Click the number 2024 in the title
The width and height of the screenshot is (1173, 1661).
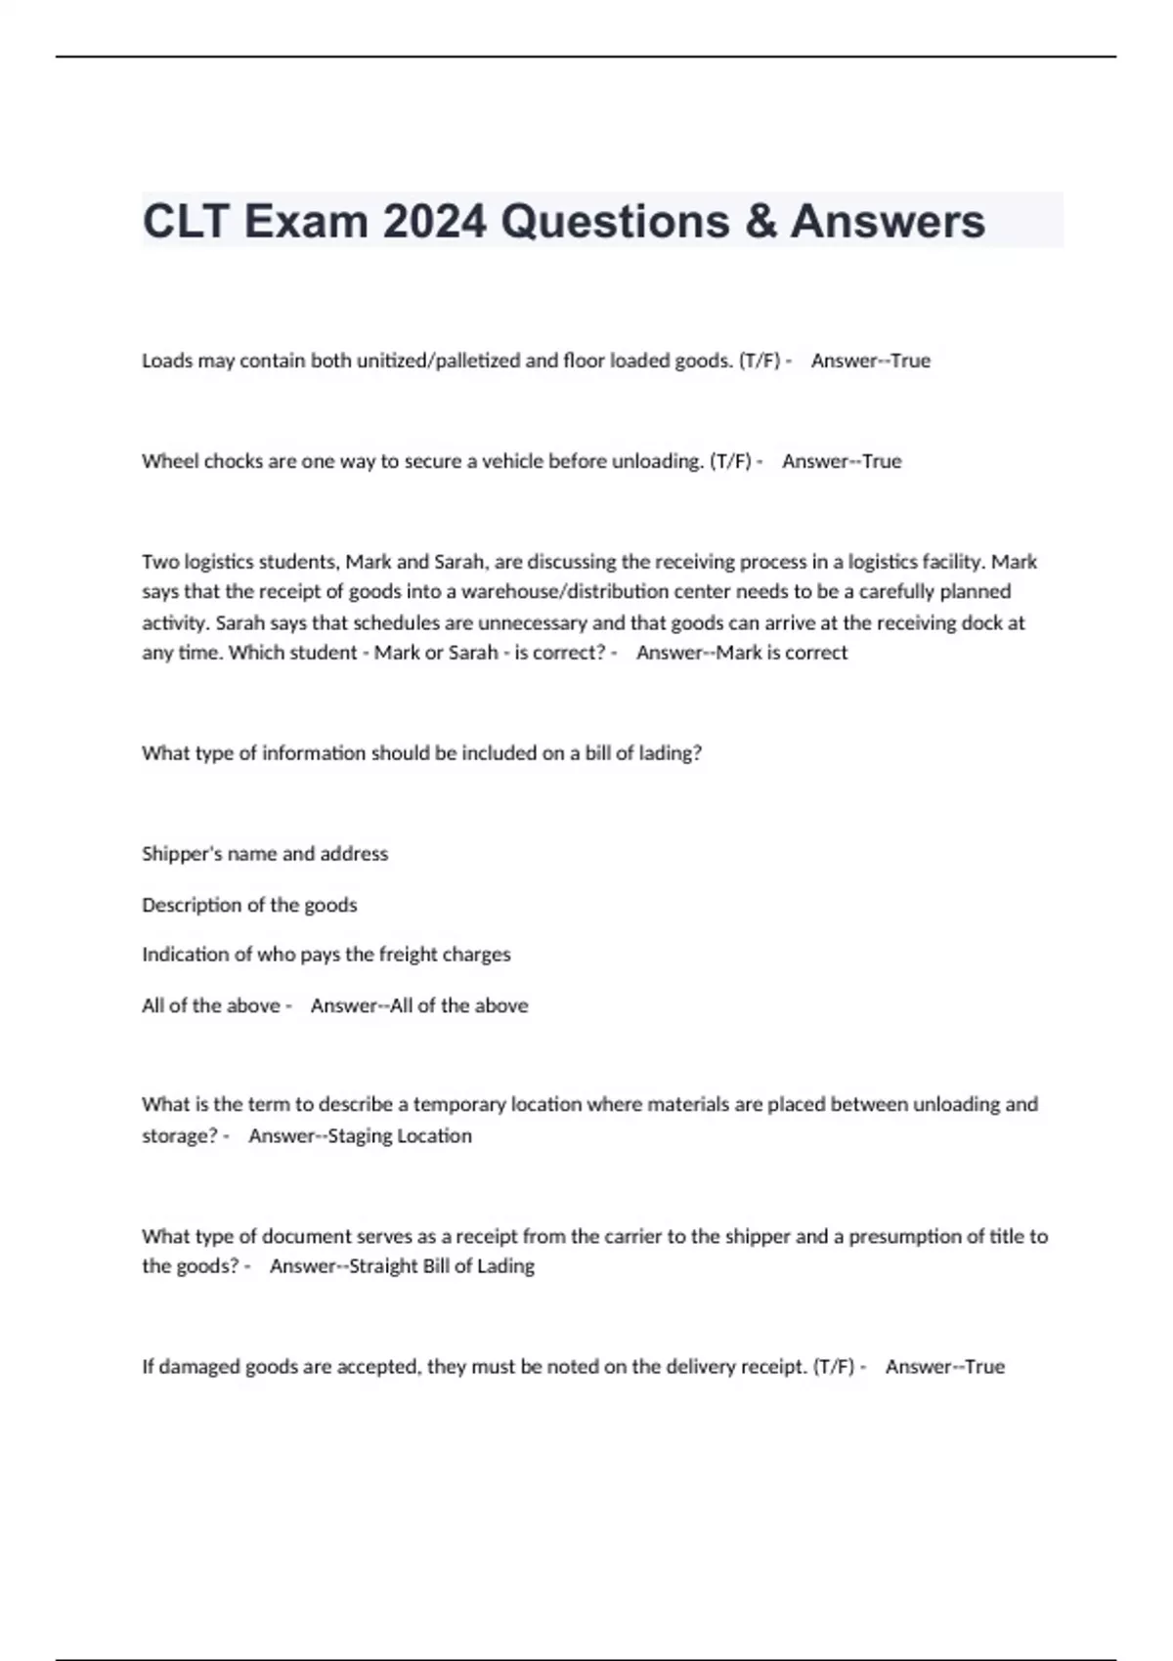pyautogui.click(x=434, y=221)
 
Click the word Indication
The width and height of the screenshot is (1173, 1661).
pyautogui.click(x=186, y=954)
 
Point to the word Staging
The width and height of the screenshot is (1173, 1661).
pyautogui.click(x=360, y=1135)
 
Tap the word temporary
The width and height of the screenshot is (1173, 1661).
pyautogui.click(x=459, y=1104)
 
